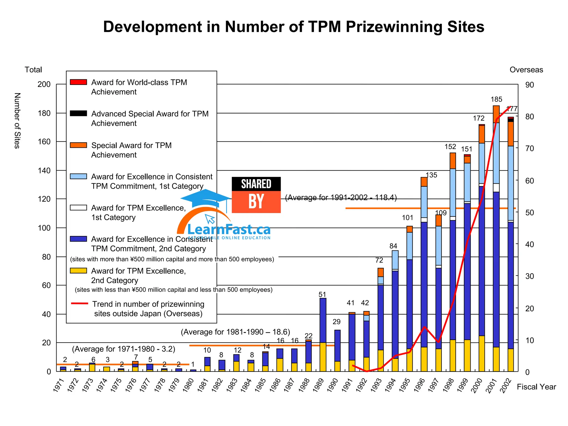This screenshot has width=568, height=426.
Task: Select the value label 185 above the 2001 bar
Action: click(496, 99)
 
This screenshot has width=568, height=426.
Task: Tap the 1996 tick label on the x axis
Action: click(419, 385)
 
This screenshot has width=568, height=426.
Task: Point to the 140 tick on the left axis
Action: click(44, 171)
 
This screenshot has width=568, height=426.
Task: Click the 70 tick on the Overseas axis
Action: click(529, 148)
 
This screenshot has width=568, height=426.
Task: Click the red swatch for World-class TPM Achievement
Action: click(78, 82)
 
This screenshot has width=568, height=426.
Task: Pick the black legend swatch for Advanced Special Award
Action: click(78, 113)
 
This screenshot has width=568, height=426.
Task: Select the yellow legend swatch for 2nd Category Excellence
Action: click(78, 271)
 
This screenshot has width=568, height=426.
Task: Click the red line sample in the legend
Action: click(79, 303)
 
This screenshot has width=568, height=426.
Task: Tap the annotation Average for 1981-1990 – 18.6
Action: click(235, 332)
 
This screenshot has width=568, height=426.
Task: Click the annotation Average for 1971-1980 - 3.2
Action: click(123, 349)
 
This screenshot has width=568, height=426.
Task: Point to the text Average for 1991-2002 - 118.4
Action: click(341, 197)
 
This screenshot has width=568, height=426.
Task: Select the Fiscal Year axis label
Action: click(536, 387)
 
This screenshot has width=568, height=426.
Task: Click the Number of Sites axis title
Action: click(17, 121)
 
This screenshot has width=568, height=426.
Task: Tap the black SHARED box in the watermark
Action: click(256, 184)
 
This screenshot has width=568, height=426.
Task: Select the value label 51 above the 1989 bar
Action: click(322, 294)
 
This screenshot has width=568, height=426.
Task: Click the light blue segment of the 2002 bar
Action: click(511, 183)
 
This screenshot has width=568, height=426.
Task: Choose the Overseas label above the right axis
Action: click(526, 70)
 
